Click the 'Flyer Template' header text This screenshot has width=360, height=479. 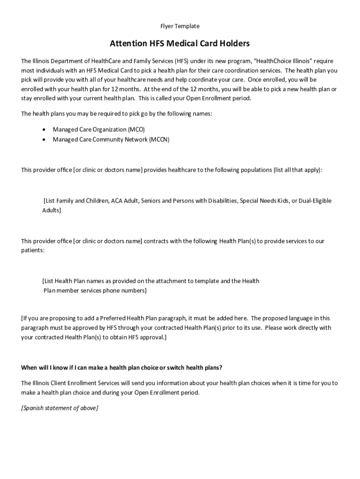[180, 26]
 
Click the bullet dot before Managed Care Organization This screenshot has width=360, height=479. [44, 129]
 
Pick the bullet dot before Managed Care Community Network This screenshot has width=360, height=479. [44, 139]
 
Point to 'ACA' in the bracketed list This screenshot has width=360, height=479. [116, 201]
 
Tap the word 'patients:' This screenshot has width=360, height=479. [33, 250]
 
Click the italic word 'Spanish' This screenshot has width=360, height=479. [34, 408]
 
